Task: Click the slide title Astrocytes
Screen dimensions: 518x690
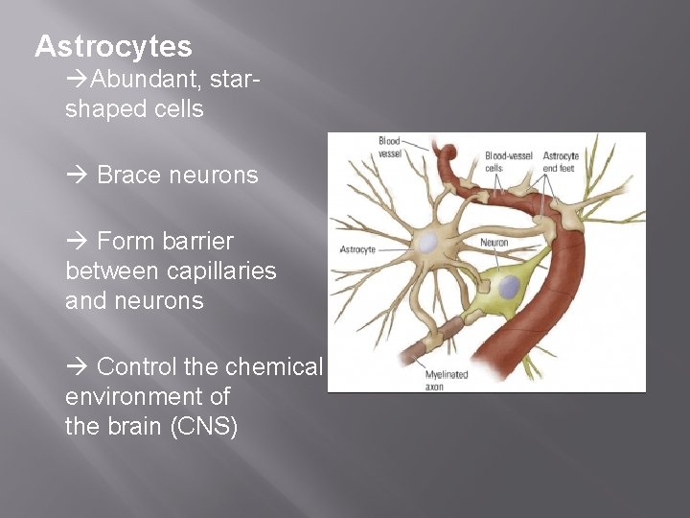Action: pyautogui.click(x=113, y=46)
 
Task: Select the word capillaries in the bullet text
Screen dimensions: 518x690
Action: pyautogui.click(x=219, y=271)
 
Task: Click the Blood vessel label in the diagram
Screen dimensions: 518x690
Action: pyautogui.click(x=389, y=146)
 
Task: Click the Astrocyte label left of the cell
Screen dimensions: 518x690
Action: pyautogui.click(x=357, y=248)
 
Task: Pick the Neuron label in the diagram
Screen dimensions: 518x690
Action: pyautogui.click(x=494, y=242)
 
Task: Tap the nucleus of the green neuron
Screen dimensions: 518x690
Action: pyautogui.click(x=509, y=286)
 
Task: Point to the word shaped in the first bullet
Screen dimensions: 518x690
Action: pyautogui.click(x=102, y=109)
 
